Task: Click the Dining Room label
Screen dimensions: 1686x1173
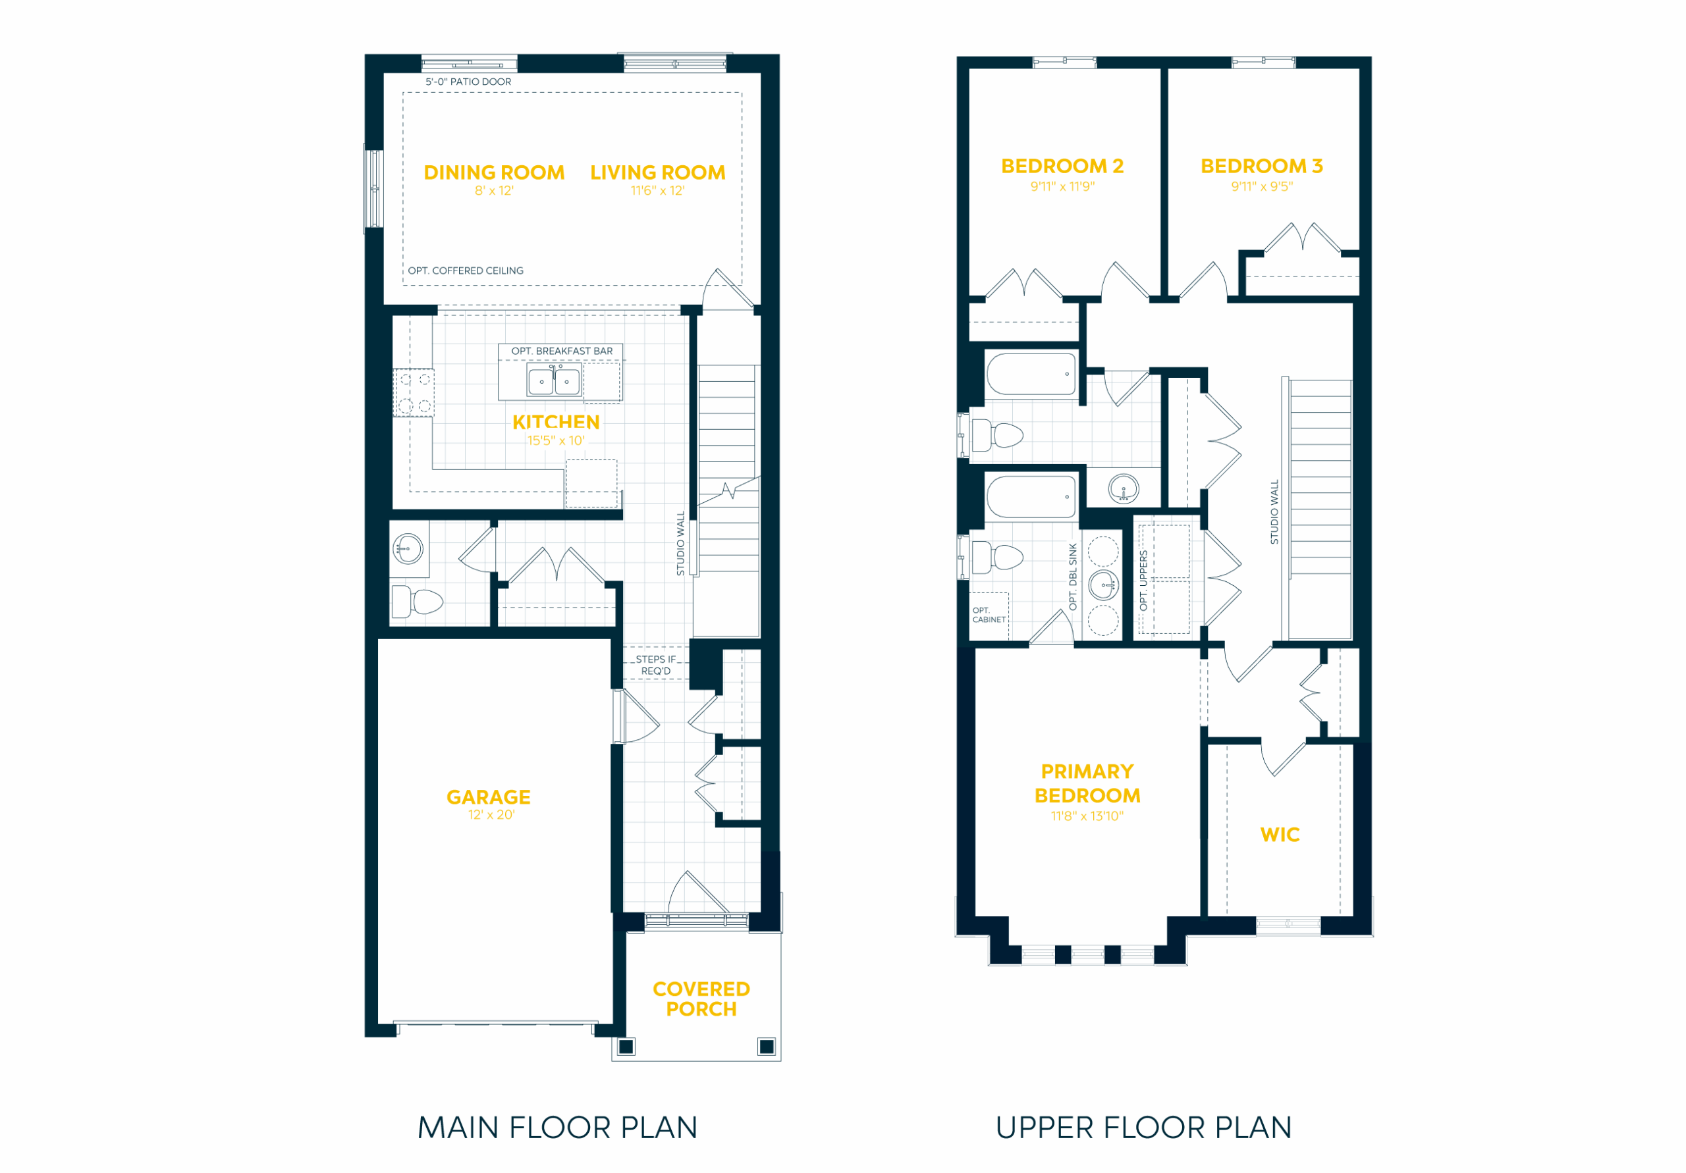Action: click(x=494, y=172)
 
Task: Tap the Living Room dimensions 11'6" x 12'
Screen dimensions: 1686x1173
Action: click(x=658, y=191)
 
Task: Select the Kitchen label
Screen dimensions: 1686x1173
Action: click(x=556, y=422)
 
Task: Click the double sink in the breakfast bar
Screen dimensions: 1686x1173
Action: click(x=554, y=381)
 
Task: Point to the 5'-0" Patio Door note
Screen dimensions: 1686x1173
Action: click(x=468, y=82)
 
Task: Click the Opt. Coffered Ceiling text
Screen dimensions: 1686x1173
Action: click(x=466, y=271)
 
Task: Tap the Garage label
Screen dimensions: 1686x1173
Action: click(x=488, y=797)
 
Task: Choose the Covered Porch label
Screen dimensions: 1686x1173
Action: click(x=701, y=999)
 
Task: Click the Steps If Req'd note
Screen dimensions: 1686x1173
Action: click(x=656, y=665)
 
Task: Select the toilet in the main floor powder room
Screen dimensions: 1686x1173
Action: click(x=417, y=602)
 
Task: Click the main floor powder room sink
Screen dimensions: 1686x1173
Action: click(x=408, y=548)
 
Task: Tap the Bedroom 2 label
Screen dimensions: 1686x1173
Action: click(x=1062, y=167)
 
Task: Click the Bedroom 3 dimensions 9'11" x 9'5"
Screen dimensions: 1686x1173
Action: click(x=1262, y=186)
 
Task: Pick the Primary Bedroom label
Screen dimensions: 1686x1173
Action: click(x=1087, y=783)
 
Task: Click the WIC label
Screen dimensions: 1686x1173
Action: click(x=1280, y=835)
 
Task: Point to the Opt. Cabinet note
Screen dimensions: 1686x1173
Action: click(x=989, y=615)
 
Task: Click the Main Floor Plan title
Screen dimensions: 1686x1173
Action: click(x=557, y=1128)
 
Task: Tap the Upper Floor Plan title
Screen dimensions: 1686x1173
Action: click(x=1143, y=1128)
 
